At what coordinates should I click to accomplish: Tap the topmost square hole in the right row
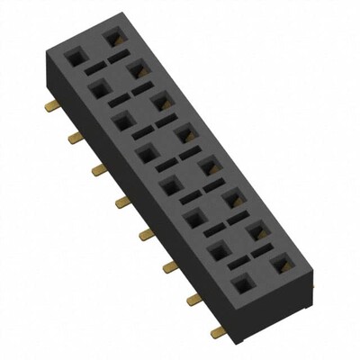(113, 38)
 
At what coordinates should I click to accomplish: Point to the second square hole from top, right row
(137, 68)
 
